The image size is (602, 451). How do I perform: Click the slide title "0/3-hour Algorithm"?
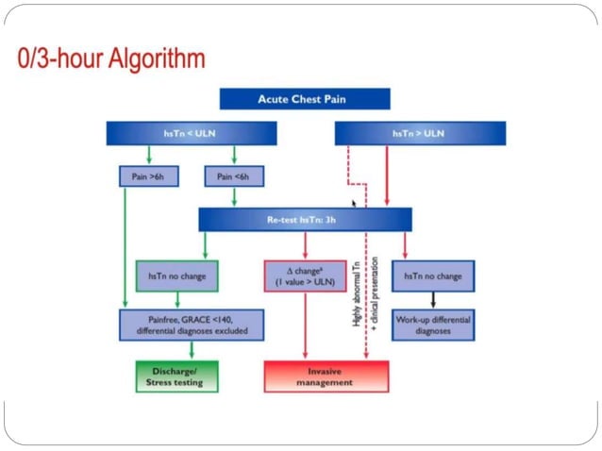(x=111, y=59)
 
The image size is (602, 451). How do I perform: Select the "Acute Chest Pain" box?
(x=304, y=99)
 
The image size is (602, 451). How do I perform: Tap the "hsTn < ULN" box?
(x=192, y=134)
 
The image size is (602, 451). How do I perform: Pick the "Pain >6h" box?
(x=142, y=176)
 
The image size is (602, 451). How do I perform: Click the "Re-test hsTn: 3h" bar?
(x=305, y=220)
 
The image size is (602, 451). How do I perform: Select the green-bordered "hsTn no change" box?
(x=176, y=276)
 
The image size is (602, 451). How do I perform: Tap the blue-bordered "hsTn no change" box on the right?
(x=432, y=276)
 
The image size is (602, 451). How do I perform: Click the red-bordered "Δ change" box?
(x=304, y=276)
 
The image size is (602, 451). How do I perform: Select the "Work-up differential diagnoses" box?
(x=432, y=325)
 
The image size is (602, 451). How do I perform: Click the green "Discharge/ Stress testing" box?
(x=176, y=376)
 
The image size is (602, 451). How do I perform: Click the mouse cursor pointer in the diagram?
(x=355, y=203)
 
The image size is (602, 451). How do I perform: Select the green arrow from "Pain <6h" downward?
(x=234, y=197)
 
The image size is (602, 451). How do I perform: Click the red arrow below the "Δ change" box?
(x=304, y=326)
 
